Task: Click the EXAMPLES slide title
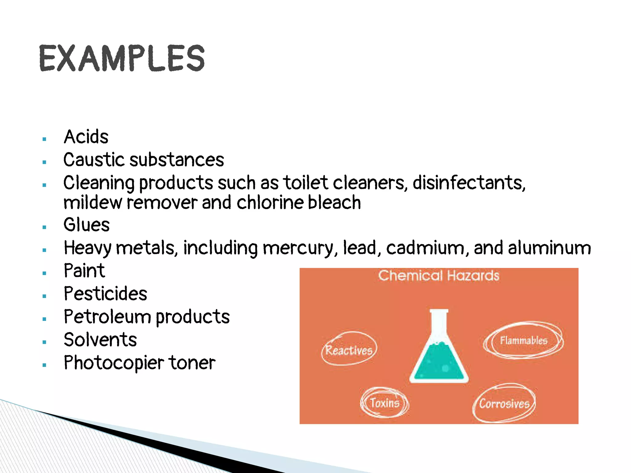click(122, 58)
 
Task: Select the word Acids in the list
click(86, 137)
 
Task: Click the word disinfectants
click(469, 183)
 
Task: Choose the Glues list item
click(87, 224)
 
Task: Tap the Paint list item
click(84, 271)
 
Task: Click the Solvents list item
click(100, 340)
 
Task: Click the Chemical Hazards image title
click(438, 276)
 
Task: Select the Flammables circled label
click(523, 341)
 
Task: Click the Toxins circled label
click(385, 403)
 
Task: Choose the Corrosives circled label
click(504, 403)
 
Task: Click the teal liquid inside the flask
click(439, 363)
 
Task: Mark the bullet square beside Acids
click(44, 139)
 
